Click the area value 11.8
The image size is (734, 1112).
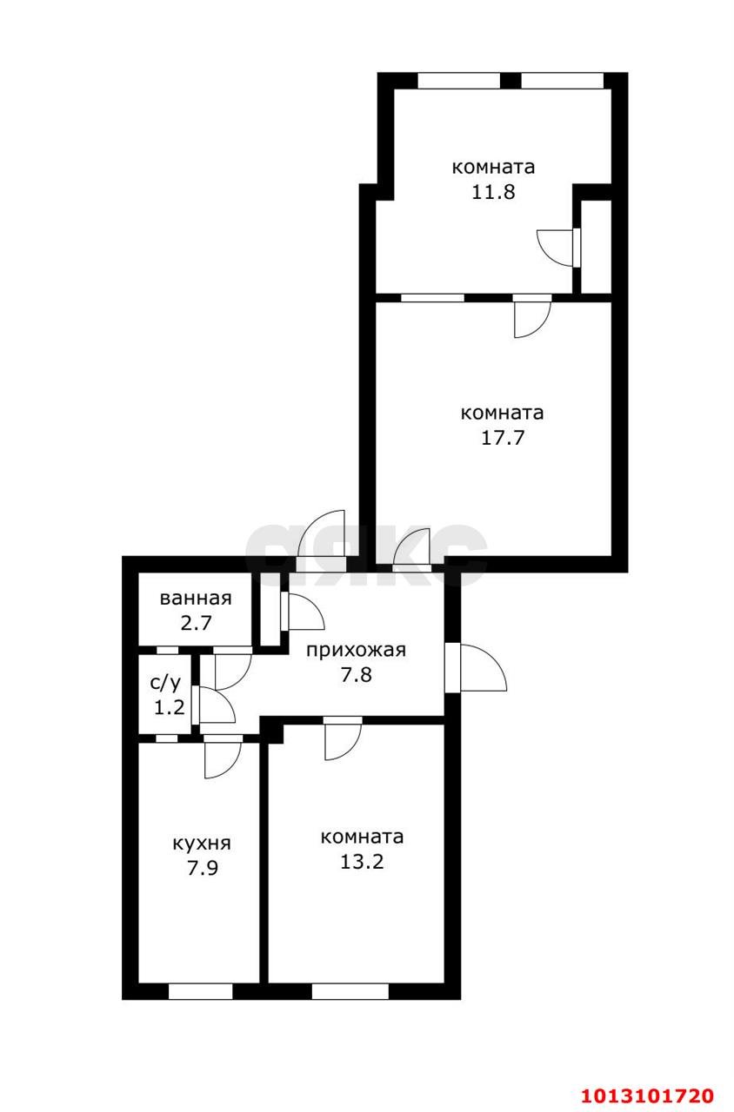[493, 192]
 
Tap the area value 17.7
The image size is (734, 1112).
[503, 438]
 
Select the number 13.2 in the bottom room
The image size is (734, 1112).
[362, 862]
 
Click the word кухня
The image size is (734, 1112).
[202, 844]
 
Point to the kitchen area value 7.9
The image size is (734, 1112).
[203, 868]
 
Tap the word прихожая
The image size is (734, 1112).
[356, 651]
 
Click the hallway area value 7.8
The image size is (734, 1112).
[357, 675]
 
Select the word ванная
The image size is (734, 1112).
[196, 599]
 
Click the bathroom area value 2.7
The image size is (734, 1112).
[197, 623]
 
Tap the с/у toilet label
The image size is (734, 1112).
[165, 683]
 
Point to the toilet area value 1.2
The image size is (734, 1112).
[169, 707]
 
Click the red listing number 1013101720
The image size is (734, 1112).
[648, 1095]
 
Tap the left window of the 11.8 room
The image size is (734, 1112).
[458, 81]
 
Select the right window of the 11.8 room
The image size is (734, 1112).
[562, 81]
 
